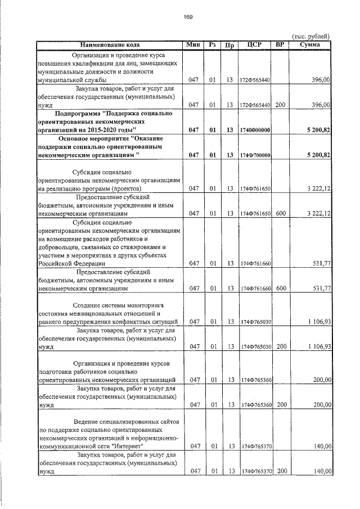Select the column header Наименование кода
coord(110,44)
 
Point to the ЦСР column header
coord(255,44)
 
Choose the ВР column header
coord(281,44)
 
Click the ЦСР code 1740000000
coord(255,130)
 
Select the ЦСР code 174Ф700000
coord(255,155)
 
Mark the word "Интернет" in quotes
coord(128,446)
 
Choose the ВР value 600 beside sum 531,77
coord(281,289)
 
